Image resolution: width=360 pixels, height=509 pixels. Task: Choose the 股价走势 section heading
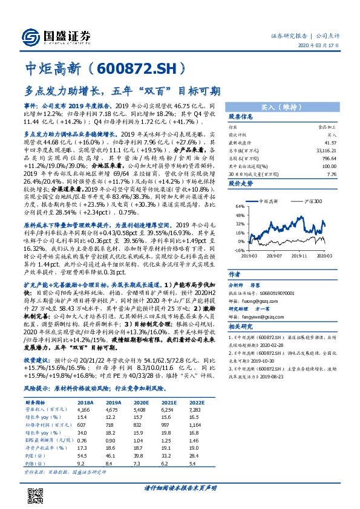[x=240, y=182]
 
